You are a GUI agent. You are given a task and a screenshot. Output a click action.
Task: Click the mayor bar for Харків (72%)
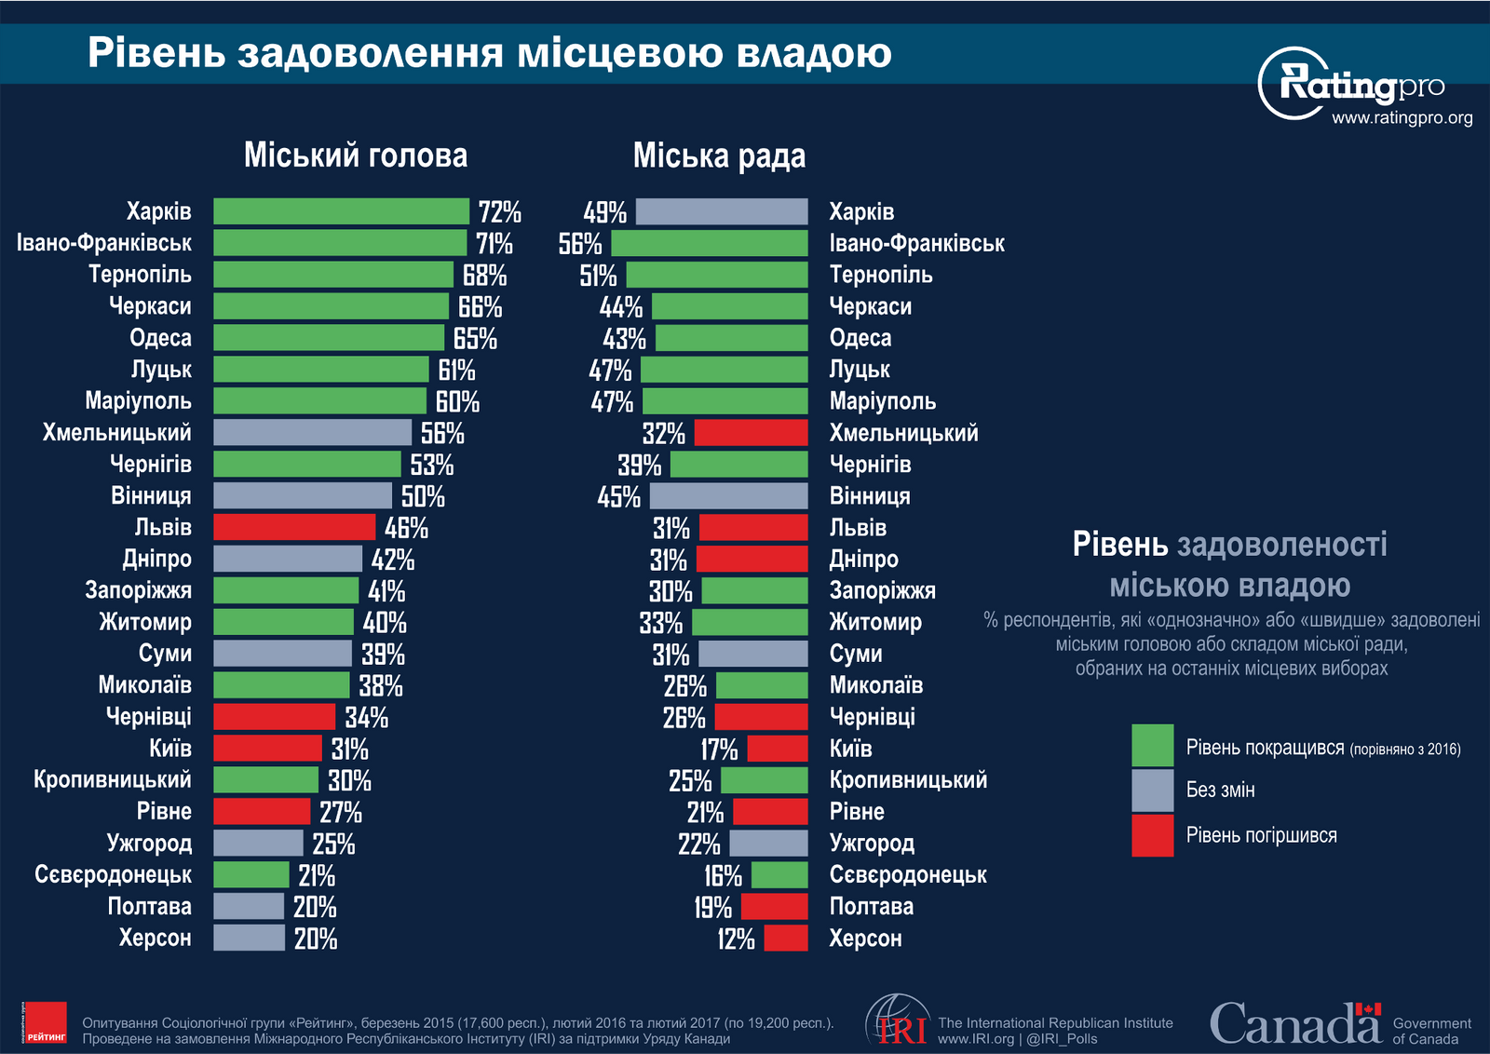click(x=341, y=211)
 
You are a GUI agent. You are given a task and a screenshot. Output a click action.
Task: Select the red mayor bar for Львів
click(x=294, y=527)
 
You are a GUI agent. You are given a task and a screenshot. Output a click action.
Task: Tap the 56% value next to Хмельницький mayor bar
click(x=442, y=433)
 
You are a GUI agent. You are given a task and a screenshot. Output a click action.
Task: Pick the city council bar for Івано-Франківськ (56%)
click(x=710, y=243)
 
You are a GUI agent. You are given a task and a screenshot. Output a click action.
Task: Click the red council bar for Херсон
click(x=786, y=938)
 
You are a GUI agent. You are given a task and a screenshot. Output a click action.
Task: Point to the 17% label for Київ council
click(x=719, y=749)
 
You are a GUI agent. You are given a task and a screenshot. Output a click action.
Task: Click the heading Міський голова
click(x=356, y=155)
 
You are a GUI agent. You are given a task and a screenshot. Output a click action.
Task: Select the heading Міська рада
click(x=719, y=155)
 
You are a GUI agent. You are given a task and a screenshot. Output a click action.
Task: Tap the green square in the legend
click(x=1152, y=745)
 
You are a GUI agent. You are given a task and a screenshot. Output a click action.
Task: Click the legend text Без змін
click(x=1220, y=790)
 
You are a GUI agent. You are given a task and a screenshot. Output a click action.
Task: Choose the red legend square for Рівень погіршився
click(x=1152, y=835)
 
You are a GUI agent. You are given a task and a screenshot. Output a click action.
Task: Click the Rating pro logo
click(x=1355, y=84)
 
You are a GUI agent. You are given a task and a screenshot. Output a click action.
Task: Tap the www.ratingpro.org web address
click(x=1402, y=118)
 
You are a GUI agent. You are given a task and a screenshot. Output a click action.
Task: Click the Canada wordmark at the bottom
click(x=1294, y=1023)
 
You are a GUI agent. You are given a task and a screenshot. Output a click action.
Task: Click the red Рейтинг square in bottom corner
click(x=45, y=1022)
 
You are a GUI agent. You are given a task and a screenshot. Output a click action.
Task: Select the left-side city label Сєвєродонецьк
click(x=113, y=875)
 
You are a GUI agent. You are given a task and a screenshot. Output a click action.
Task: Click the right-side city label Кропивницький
click(x=908, y=780)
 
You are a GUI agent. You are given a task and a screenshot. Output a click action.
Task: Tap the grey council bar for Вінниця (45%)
click(x=728, y=495)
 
